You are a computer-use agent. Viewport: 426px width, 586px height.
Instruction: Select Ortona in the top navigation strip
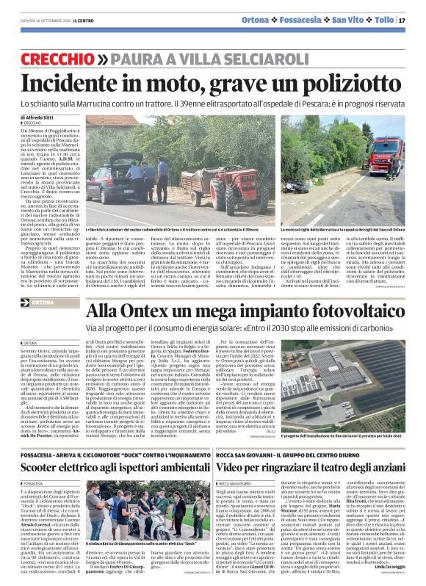275,20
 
